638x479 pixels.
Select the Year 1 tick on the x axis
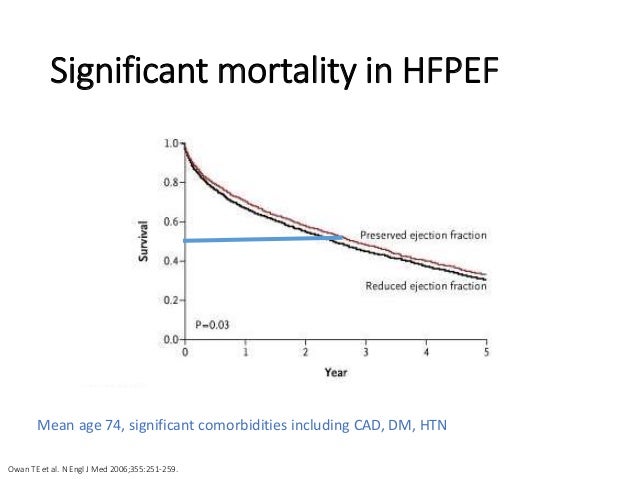(244, 353)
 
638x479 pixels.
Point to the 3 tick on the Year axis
(366, 353)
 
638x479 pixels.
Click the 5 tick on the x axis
(487, 353)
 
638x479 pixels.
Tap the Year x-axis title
(335, 372)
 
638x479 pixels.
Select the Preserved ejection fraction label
(424, 236)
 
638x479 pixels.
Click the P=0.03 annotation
(211, 323)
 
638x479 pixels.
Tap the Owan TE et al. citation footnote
(97, 464)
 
